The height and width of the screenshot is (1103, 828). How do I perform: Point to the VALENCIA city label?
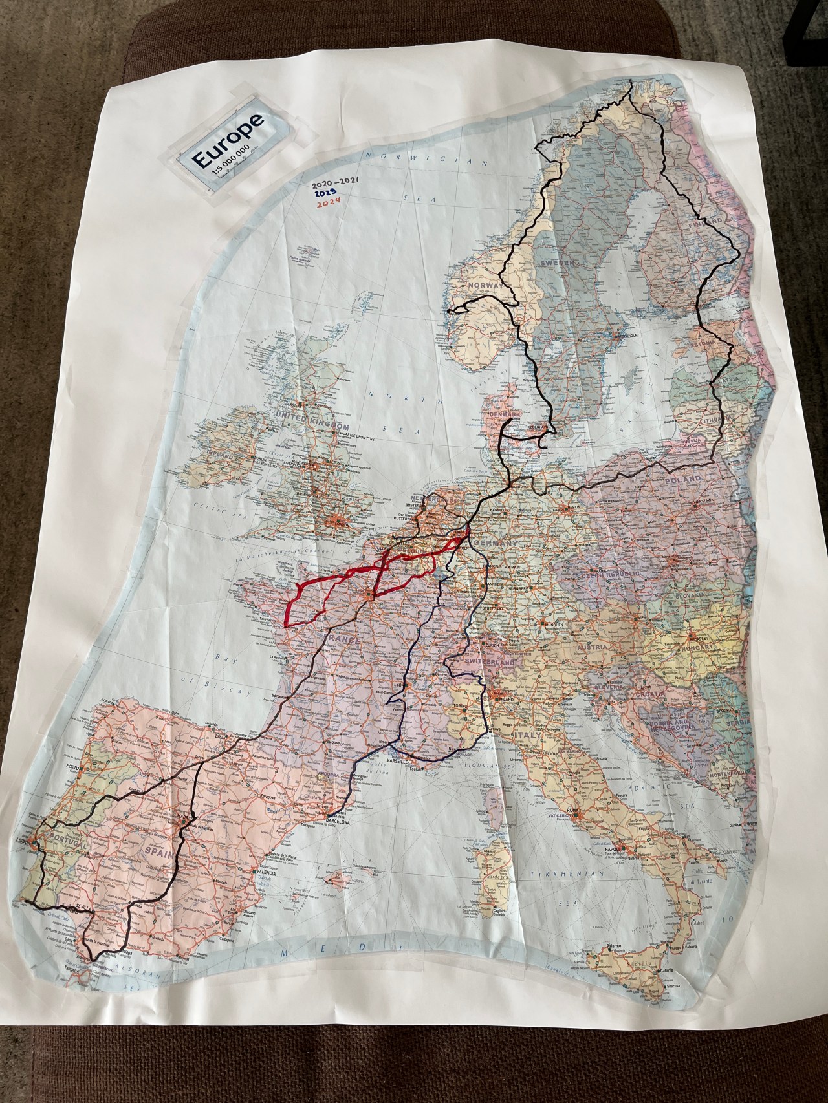[x=265, y=873]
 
